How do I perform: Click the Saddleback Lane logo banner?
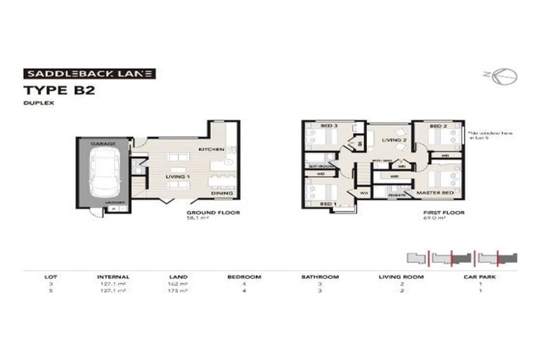[89, 73]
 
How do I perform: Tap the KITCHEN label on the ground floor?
[210, 150]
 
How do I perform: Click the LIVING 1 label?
[179, 176]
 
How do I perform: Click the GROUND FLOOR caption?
[212, 212]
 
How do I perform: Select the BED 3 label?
[329, 126]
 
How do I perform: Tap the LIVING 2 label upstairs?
[394, 140]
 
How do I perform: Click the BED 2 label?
[437, 127]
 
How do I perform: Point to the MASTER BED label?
[433, 192]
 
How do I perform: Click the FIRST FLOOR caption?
[442, 212]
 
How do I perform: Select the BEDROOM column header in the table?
[245, 277]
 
